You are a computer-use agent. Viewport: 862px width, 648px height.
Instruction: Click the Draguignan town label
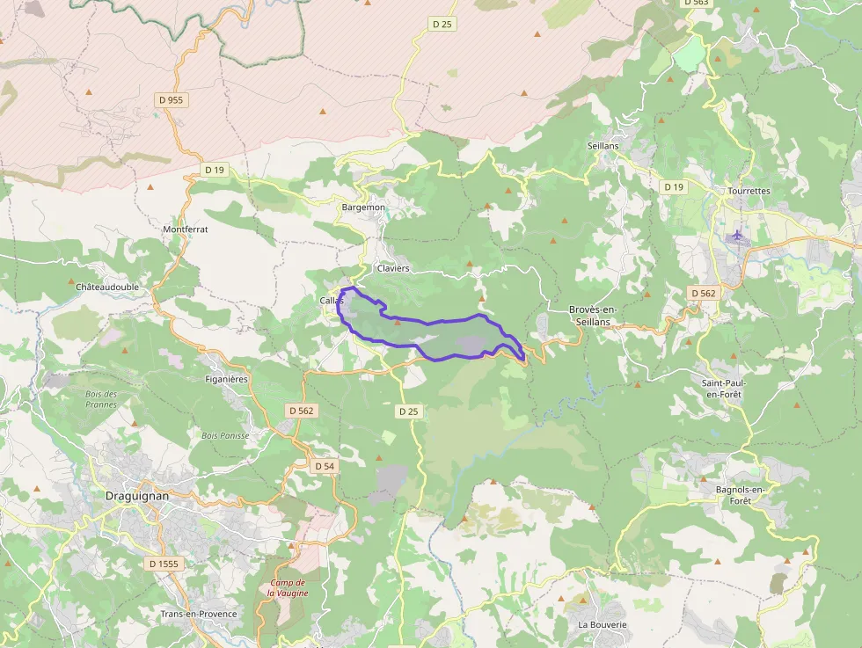click(x=136, y=495)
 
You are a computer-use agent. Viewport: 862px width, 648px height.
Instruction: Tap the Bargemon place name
click(x=363, y=208)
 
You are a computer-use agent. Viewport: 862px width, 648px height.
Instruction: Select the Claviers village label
click(x=392, y=268)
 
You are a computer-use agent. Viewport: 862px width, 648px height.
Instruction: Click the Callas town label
click(x=332, y=301)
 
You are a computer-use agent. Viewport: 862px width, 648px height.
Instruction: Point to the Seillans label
click(x=603, y=145)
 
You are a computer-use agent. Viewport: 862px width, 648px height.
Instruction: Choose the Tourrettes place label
click(x=749, y=191)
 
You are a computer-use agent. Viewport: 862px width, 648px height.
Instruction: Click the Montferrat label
click(x=185, y=229)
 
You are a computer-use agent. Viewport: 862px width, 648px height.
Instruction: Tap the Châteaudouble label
click(x=107, y=287)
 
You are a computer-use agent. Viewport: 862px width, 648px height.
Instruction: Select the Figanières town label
click(x=227, y=379)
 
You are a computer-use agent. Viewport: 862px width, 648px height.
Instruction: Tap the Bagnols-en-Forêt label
click(x=734, y=494)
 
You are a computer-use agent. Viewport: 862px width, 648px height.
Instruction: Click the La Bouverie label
click(x=603, y=624)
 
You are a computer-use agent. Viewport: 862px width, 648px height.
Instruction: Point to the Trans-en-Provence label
click(x=199, y=614)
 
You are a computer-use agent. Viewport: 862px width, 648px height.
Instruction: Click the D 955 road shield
click(x=171, y=100)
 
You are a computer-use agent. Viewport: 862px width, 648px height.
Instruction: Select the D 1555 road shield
click(x=164, y=564)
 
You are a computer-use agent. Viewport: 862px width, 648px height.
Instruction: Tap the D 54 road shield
click(x=324, y=466)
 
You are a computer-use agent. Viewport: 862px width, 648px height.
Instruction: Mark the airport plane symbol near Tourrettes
click(x=737, y=235)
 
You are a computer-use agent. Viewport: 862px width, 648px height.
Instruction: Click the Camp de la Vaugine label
click(x=287, y=588)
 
